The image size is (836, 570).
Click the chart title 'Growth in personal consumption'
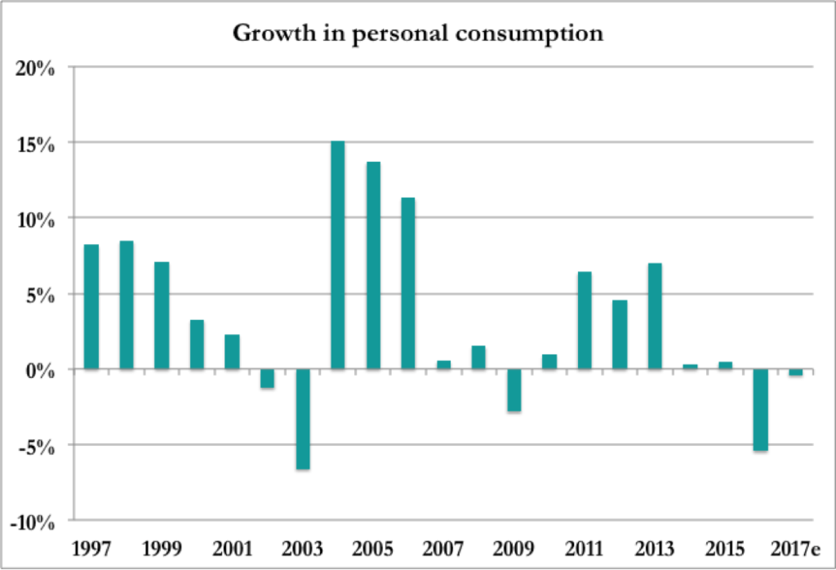(x=417, y=33)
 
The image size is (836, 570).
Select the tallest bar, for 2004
(x=337, y=255)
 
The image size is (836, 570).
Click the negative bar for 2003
(x=302, y=419)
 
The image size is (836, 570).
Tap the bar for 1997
(x=91, y=307)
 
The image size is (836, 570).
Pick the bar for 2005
(x=372, y=265)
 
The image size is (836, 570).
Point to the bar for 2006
(x=407, y=283)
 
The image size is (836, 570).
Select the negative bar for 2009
(x=513, y=390)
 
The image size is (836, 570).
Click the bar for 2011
(x=584, y=320)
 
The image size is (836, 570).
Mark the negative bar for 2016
(x=759, y=410)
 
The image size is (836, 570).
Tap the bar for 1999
(x=162, y=315)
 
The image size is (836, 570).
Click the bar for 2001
(x=232, y=352)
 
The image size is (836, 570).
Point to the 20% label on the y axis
(x=36, y=68)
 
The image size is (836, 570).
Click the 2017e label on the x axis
(x=795, y=546)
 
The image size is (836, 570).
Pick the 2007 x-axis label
(x=442, y=546)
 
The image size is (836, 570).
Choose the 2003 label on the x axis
(x=302, y=546)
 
